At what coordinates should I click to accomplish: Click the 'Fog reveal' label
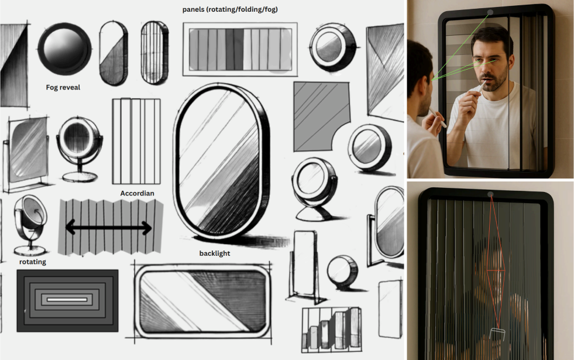[63, 87]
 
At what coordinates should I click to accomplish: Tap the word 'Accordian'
[138, 193]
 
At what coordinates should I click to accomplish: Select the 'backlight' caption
[215, 253]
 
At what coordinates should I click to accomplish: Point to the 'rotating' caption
[33, 262]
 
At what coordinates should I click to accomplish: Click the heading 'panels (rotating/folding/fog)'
[230, 9]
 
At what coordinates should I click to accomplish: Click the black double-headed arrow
[108, 228]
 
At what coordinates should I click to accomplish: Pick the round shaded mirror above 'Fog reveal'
[64, 49]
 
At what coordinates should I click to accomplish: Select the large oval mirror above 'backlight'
[222, 161]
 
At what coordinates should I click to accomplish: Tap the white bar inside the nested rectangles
[67, 300]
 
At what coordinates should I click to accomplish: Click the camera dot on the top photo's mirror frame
[490, 12]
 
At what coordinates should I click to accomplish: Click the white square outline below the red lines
[497, 334]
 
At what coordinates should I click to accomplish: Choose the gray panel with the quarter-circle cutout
[321, 116]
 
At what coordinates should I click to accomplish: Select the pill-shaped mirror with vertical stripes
[154, 53]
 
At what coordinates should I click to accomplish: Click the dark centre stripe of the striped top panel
[234, 49]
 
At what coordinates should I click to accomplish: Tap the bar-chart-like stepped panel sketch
[331, 330]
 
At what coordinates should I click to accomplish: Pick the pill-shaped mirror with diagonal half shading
[114, 53]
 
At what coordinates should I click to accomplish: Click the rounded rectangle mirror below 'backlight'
[202, 301]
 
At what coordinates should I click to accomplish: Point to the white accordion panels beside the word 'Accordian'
[136, 141]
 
